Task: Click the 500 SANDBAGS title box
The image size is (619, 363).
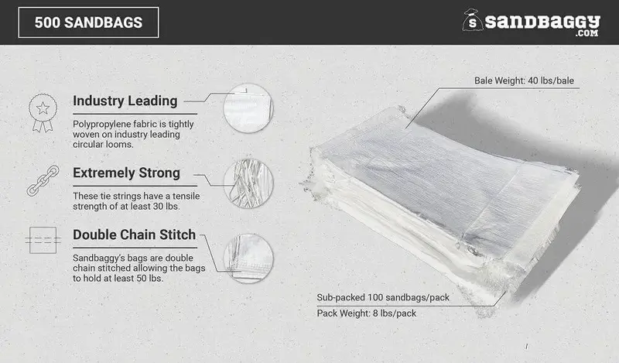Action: (88, 22)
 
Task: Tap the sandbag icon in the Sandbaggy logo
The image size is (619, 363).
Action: (472, 20)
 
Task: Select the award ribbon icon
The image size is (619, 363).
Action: (43, 112)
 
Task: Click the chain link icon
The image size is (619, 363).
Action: (43, 180)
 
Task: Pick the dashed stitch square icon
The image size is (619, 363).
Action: (43, 240)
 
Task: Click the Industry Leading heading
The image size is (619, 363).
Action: (125, 101)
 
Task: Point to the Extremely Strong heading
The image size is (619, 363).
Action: (126, 173)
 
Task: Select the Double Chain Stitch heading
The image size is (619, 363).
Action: (134, 235)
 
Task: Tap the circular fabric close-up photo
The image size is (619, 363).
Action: (248, 108)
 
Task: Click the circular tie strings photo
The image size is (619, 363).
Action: (248, 183)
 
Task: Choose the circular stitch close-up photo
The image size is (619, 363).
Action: (248, 259)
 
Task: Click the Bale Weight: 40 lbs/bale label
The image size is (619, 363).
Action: (524, 80)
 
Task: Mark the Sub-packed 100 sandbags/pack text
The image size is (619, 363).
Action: (383, 297)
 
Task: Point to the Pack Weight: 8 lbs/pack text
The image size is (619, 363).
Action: (366, 313)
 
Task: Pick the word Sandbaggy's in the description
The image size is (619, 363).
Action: (99, 259)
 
